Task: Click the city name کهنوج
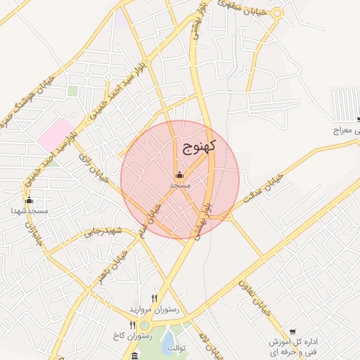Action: (x=199, y=146)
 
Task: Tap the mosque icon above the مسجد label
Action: (x=179, y=174)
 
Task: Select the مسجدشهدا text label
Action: (x=29, y=211)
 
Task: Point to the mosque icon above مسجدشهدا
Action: (x=29, y=200)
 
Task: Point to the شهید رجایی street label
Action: (x=103, y=231)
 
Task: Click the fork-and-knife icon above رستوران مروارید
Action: (x=155, y=299)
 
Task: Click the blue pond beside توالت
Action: (x=170, y=345)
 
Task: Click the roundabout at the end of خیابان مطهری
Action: (x=277, y=13)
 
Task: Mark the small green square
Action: (x=72, y=91)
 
